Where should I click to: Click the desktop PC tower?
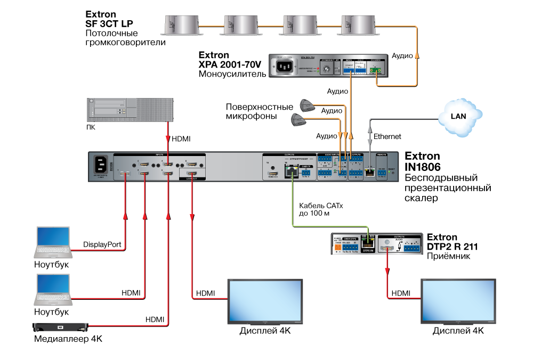(x=130, y=109)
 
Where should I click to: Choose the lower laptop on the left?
(x=53, y=289)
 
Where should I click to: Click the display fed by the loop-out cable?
(x=265, y=301)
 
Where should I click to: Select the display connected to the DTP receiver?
(x=458, y=301)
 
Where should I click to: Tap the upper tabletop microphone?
(x=307, y=105)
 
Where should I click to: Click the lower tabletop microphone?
(x=299, y=119)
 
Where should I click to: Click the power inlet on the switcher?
(x=101, y=164)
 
